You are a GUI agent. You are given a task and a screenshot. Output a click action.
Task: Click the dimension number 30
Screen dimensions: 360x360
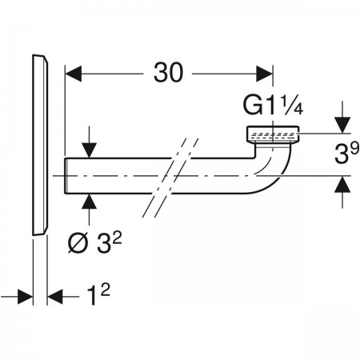[x=169, y=73]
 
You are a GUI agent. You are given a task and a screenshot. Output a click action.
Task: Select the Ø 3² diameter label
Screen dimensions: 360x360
[x=94, y=243]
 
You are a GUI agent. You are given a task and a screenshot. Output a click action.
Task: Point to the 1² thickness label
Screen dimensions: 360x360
[x=98, y=294]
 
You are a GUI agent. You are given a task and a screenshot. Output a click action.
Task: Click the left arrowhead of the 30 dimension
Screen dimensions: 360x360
[x=74, y=74]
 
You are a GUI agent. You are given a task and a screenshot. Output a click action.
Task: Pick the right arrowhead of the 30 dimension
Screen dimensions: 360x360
[x=264, y=74]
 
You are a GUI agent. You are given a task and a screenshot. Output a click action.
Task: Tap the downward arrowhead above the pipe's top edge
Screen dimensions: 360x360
[x=89, y=150]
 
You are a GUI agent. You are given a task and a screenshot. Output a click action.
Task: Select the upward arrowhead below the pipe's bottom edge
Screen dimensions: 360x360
[x=89, y=202]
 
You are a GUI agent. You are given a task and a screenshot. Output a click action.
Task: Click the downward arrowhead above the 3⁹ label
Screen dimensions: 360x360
[x=342, y=125]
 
